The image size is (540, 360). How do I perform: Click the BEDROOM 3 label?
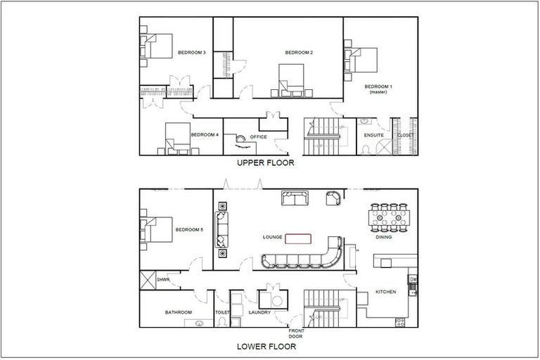click(x=191, y=53)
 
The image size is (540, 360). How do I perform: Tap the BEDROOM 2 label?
click(x=299, y=53)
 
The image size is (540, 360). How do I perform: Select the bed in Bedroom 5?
click(x=157, y=231)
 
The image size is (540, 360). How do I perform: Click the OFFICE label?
click(x=258, y=136)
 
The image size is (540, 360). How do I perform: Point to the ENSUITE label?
click(x=373, y=134)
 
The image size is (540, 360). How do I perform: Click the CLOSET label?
click(x=406, y=134)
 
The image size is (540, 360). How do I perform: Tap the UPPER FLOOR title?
click(x=265, y=163)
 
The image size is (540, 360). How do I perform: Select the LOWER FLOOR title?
click(x=265, y=346)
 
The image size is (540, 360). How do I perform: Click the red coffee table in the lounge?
click(x=298, y=238)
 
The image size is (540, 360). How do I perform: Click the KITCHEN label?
click(x=386, y=292)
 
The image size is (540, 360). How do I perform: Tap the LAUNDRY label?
click(x=260, y=311)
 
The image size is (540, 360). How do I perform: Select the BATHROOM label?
click(x=179, y=311)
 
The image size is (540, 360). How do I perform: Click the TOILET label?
click(x=221, y=311)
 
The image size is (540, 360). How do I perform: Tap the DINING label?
click(x=384, y=238)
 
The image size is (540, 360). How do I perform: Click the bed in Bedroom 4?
click(x=177, y=137)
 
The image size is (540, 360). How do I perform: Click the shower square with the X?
click(x=149, y=280)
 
